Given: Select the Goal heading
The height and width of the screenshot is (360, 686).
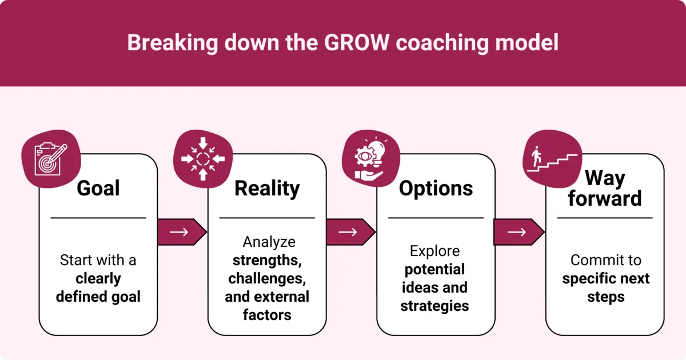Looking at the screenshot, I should pyautogui.click(x=98, y=188).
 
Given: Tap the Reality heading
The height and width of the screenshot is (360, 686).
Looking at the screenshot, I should pyautogui.click(x=267, y=188).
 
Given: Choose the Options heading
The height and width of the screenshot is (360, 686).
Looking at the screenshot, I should pyautogui.click(x=436, y=188).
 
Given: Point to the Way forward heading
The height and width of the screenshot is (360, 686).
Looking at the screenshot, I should pyautogui.click(x=605, y=189).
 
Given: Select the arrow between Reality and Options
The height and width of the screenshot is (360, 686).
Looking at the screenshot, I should pyautogui.click(x=350, y=232).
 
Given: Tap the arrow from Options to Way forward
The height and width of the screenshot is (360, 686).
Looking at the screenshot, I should pyautogui.click(x=519, y=232).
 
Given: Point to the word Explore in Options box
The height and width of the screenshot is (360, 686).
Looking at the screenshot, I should pyautogui.click(x=434, y=251).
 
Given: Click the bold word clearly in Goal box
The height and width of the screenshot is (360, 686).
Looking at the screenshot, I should pyautogui.click(x=98, y=278).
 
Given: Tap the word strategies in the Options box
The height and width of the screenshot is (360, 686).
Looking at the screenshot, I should pyautogui.click(x=434, y=306).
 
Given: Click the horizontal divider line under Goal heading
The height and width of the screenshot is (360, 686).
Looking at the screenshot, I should pyautogui.click(x=98, y=218).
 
